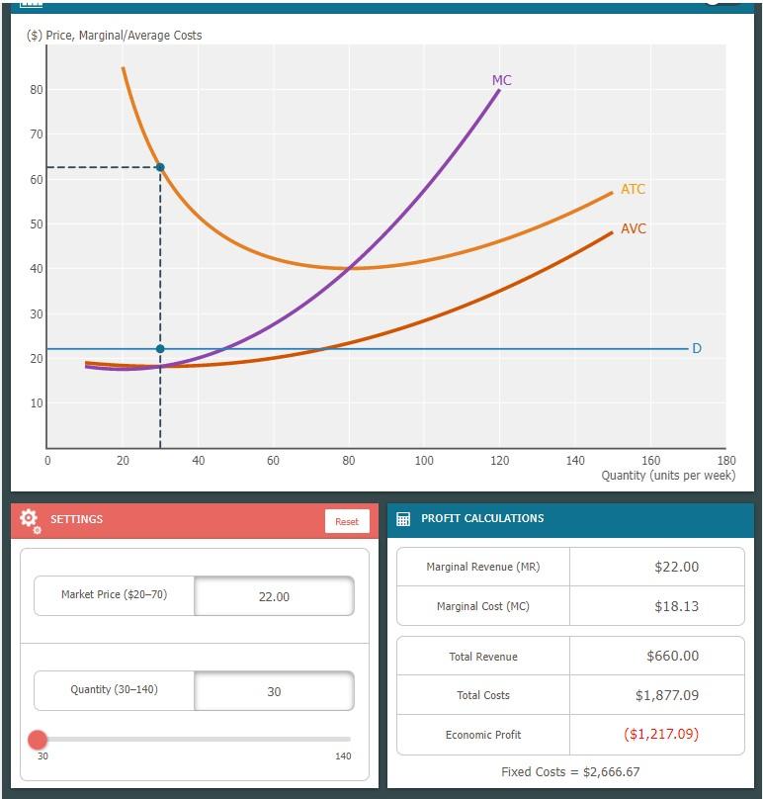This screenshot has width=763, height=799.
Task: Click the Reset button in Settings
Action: [347, 521]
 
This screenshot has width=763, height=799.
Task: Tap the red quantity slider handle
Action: [38, 740]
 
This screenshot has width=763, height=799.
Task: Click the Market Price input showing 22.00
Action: [274, 596]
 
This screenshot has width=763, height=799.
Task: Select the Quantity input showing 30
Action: [274, 691]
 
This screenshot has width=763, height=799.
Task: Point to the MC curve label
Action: [502, 80]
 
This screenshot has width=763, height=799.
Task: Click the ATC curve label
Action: [633, 189]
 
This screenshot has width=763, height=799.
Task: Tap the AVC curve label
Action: [634, 228]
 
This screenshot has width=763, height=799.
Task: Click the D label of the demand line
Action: [697, 348]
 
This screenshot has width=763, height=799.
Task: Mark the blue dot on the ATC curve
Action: [160, 167]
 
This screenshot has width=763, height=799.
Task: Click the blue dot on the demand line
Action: [160, 349]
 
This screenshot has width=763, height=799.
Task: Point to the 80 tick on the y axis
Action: [37, 90]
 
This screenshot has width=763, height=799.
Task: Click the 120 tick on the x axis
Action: [499, 461]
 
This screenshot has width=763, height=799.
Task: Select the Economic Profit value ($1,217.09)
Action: [661, 734]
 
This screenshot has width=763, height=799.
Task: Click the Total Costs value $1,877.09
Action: [667, 695]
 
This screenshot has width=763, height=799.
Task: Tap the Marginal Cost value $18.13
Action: [676, 606]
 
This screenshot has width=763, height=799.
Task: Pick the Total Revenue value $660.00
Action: [672, 656]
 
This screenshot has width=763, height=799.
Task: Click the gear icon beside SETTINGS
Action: [30, 520]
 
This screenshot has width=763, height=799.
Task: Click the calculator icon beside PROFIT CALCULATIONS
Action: [403, 519]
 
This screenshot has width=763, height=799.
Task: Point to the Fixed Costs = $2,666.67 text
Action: [570, 772]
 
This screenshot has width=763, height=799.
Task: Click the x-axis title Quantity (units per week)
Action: [668, 476]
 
